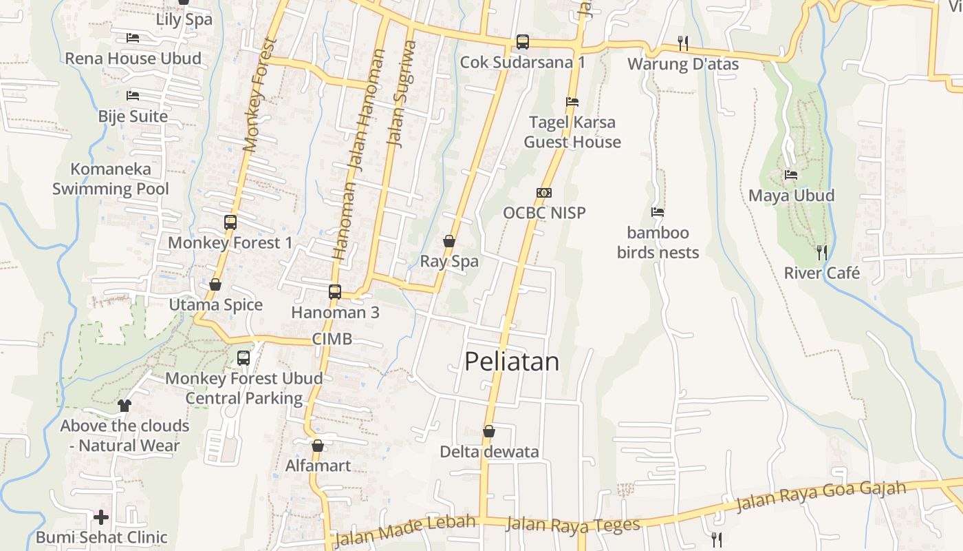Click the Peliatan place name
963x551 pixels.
(512, 362)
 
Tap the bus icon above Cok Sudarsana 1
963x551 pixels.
(523, 42)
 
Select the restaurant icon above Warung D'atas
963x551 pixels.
(683, 43)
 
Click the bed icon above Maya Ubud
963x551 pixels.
(791, 175)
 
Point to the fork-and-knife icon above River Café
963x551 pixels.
(821, 252)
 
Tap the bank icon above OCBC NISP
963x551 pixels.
(544, 193)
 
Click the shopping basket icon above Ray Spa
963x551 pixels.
(449, 241)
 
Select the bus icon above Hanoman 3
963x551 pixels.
(335, 291)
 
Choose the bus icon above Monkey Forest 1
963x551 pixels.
(230, 222)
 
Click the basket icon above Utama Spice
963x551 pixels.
(215, 284)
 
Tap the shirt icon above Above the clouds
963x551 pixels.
(125, 405)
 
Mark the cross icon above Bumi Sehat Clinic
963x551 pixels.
(101, 517)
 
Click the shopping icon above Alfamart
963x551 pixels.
(318, 446)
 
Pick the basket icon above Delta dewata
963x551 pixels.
(489, 431)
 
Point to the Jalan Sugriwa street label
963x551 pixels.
(402, 93)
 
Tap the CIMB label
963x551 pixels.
(332, 339)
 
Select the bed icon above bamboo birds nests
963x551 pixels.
(658, 212)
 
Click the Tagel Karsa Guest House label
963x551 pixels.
(572, 132)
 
